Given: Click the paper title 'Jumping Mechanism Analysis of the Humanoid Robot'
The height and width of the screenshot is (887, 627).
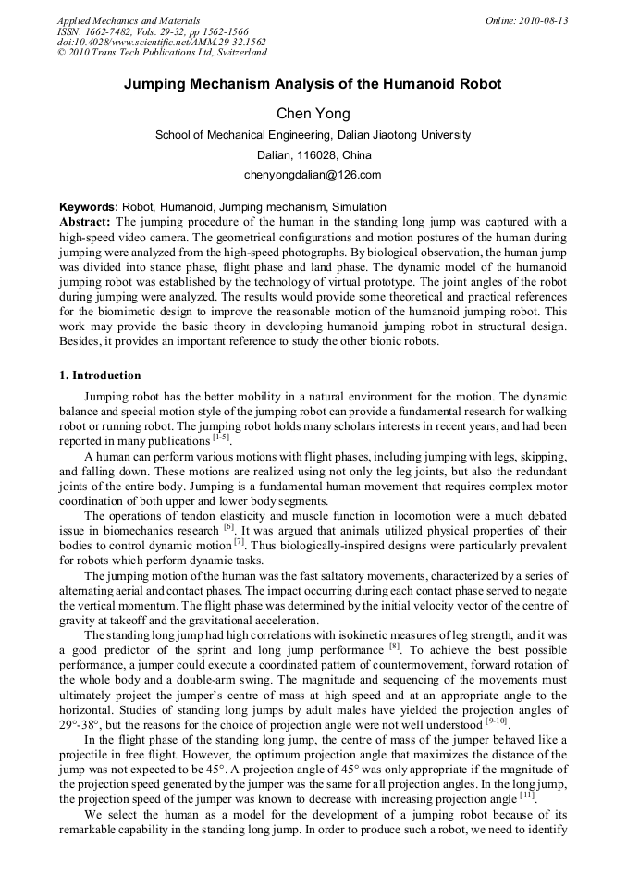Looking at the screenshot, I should point(313,84).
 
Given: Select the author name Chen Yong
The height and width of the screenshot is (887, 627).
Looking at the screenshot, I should point(313,114).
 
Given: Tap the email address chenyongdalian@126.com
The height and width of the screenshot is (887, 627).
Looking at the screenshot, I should point(313,174).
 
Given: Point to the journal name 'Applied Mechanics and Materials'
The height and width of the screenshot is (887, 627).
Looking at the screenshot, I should point(129,20).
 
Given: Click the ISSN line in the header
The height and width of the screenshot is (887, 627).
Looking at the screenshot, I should point(153,31).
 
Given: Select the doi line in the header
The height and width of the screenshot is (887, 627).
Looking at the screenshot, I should point(161,42).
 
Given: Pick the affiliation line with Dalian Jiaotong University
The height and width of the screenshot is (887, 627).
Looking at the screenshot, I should point(313,135).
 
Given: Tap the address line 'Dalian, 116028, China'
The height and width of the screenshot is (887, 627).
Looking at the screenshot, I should point(313,154).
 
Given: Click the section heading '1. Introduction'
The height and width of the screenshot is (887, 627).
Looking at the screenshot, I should point(100,376).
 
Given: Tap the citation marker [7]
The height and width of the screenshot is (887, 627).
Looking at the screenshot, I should point(240,540).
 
